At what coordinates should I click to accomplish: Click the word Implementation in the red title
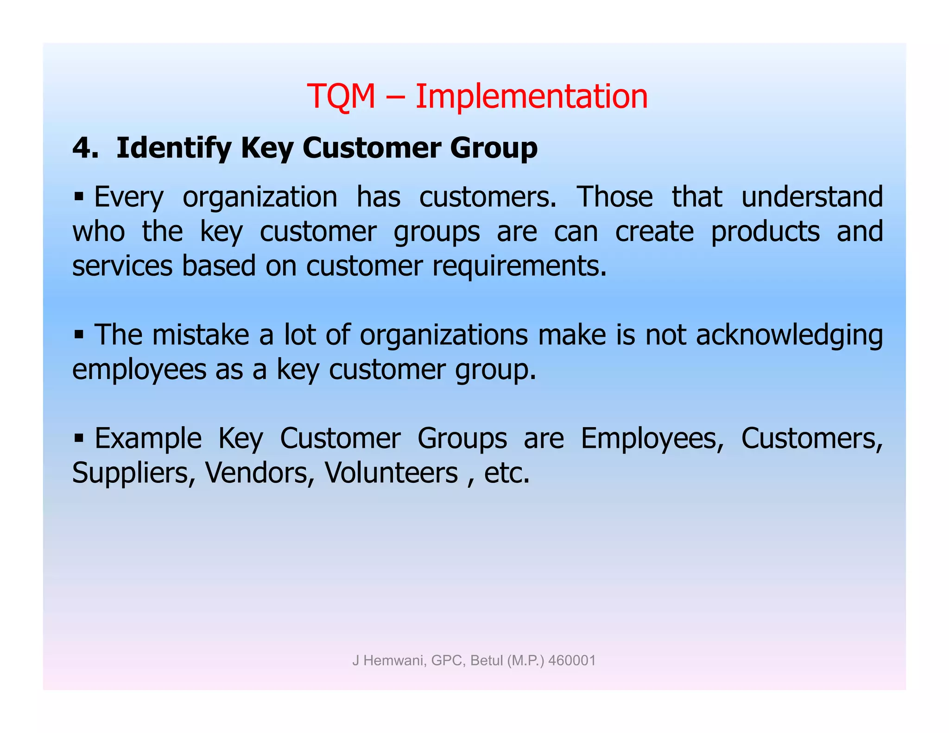531,96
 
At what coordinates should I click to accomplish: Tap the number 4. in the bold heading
85,149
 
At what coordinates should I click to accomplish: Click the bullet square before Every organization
78,196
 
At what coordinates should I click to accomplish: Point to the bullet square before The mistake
78,334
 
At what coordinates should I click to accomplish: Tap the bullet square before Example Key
78,437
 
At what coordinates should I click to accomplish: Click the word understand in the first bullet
812,196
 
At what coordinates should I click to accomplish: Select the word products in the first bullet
765,232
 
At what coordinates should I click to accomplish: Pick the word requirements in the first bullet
519,266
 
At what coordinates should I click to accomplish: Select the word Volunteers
391,473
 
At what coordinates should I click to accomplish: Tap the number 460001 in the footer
572,660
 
